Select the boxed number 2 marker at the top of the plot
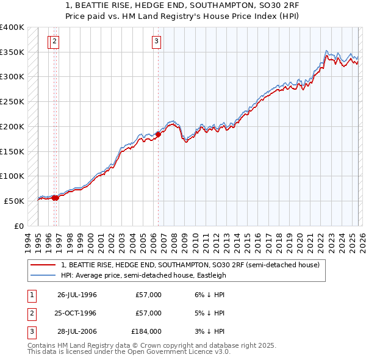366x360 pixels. click(55, 41)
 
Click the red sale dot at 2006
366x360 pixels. click(158, 134)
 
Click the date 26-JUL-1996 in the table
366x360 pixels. click(77, 295)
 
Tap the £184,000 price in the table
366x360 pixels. click(146, 331)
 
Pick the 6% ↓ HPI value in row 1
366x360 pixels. click(208, 295)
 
